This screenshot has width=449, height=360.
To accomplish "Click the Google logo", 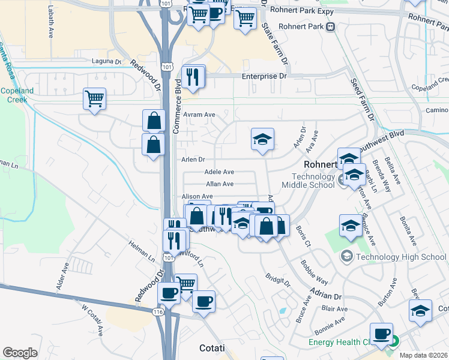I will pyautogui.click(x=20, y=353).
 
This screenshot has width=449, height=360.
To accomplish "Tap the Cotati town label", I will pyautogui.click(x=212, y=348).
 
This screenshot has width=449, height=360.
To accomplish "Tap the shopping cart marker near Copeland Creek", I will pyautogui.click(x=95, y=99).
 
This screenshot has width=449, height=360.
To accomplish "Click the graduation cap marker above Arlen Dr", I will pyautogui.click(x=262, y=141).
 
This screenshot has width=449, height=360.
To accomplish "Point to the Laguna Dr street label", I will pyautogui.click(x=106, y=61).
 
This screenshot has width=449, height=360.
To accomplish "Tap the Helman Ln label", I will pyautogui.click(x=141, y=250).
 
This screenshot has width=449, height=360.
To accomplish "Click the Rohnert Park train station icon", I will pyautogui.click(x=331, y=27).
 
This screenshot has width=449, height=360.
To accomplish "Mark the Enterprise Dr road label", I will pyautogui.click(x=264, y=76).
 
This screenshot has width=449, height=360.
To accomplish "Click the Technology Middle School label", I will pyautogui.click(x=313, y=181).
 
